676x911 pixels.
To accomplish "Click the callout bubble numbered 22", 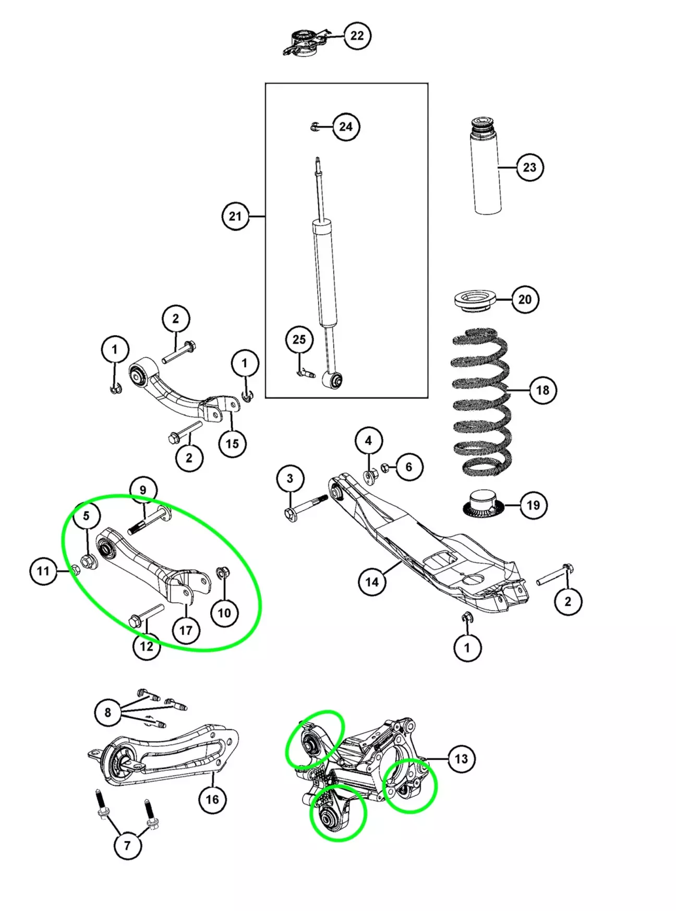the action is click(x=357, y=35).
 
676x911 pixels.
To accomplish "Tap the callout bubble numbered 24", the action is click(x=346, y=127).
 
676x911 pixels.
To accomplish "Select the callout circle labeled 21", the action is click(x=235, y=216).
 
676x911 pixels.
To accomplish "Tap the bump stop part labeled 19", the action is click(x=484, y=503).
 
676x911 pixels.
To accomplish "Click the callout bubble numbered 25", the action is click(x=299, y=339).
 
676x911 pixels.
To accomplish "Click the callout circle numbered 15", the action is click(x=232, y=444).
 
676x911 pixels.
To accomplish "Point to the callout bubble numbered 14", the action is click(x=372, y=581).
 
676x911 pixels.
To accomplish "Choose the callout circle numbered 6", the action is click(x=409, y=467).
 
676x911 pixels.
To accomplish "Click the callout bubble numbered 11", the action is click(x=43, y=571).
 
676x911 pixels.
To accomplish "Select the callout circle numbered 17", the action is click(x=186, y=630).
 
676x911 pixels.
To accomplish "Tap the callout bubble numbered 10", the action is click(x=224, y=613).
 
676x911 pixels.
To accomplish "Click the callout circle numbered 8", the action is click(x=108, y=712).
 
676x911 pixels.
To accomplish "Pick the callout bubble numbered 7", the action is click(x=127, y=845).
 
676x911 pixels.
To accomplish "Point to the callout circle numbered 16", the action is click(x=212, y=799).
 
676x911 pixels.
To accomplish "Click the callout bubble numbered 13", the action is click(x=462, y=759).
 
